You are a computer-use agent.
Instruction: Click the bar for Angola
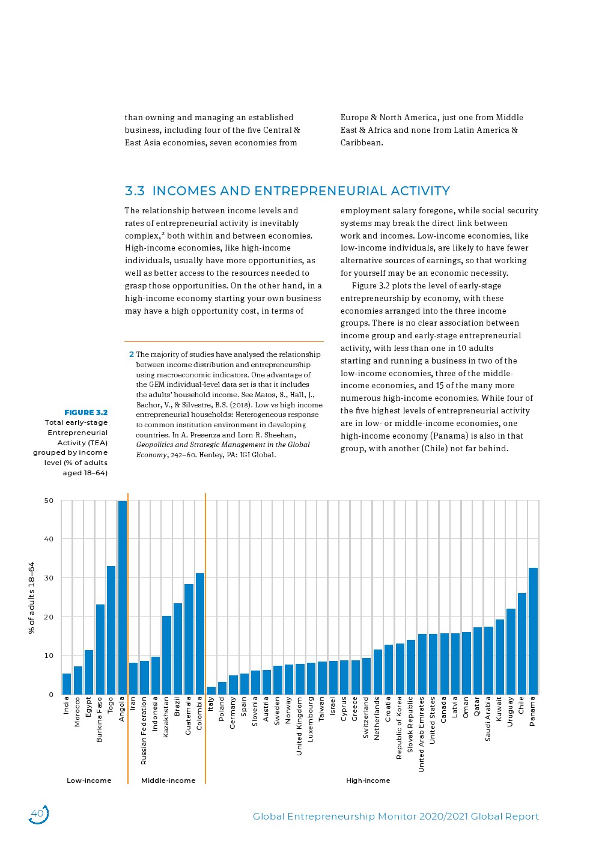(x=123, y=598)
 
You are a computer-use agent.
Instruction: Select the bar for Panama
(x=533, y=631)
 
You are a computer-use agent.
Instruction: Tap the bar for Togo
(x=111, y=630)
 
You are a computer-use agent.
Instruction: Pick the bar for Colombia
(x=200, y=634)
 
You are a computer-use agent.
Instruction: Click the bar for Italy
(x=211, y=690)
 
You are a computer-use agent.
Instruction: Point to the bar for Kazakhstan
(x=166, y=655)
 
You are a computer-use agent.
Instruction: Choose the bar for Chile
(x=521, y=644)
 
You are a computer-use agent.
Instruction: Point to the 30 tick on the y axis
(x=49, y=578)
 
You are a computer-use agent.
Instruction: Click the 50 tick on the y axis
(x=49, y=501)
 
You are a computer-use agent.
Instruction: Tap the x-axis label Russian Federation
(x=144, y=731)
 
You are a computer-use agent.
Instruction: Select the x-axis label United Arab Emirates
(x=421, y=734)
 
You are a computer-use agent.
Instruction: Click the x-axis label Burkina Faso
(x=100, y=719)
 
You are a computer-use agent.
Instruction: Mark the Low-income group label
(x=89, y=781)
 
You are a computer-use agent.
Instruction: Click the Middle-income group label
(x=168, y=781)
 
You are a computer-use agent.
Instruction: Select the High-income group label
(x=368, y=781)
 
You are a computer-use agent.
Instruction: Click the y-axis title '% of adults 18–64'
(x=32, y=598)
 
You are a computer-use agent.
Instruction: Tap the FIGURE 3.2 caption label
(x=86, y=412)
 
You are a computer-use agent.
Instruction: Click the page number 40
(x=37, y=814)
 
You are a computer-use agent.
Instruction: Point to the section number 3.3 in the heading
(x=135, y=191)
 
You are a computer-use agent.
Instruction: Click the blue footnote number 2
(x=132, y=355)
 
